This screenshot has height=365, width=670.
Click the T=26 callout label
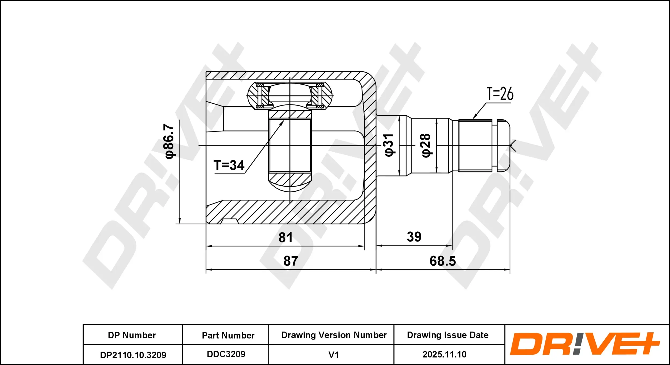(500, 94)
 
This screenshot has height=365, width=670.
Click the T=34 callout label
(229, 165)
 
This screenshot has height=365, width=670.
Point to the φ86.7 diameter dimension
(169, 141)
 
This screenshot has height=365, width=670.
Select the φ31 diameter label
(389, 145)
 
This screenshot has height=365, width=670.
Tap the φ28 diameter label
(426, 145)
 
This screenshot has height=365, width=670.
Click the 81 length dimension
(285, 238)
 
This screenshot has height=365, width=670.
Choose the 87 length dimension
(291, 261)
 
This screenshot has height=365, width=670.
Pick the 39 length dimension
(414, 237)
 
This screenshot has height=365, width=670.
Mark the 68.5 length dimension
(442, 261)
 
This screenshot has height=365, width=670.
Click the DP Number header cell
(132, 335)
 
